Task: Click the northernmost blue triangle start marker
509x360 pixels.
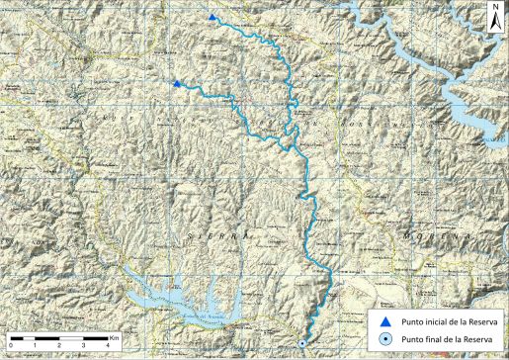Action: [x=212, y=18]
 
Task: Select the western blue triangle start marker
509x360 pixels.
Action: [x=177, y=84]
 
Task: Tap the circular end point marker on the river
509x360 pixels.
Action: [x=301, y=343]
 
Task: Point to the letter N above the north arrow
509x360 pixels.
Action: [x=494, y=8]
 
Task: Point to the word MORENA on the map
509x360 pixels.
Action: [x=435, y=238]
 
